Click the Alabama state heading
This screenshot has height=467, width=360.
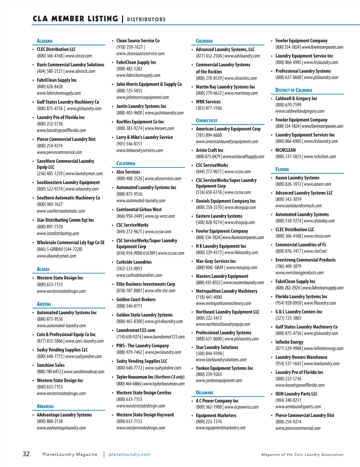(45, 41)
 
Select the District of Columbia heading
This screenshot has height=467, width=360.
(294, 90)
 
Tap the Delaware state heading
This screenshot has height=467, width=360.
(205, 393)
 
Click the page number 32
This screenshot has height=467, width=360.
(26, 454)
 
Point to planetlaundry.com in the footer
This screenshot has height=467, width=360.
(129, 454)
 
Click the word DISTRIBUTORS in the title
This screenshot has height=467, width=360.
(146, 19)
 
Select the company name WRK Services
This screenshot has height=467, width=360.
(208, 102)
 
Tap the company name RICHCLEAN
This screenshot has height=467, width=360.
(285, 150)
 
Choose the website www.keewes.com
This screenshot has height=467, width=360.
(159, 128)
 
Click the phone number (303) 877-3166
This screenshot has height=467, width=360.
(209, 108)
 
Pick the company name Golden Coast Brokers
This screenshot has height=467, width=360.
(136, 299)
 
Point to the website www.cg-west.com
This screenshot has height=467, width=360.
(160, 216)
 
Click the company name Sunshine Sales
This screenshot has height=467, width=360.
(51, 365)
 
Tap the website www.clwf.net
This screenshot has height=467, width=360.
(315, 251)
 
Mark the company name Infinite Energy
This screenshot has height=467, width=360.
(289, 342)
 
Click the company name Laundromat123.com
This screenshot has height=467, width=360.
(136, 330)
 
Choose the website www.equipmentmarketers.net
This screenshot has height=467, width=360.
(220, 428)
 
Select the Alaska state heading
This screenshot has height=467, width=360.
(43, 269)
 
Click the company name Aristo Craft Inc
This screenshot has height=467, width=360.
(210, 150)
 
